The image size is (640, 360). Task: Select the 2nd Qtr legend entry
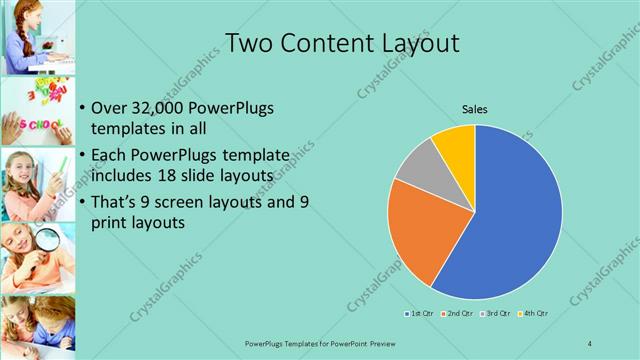click(458, 314)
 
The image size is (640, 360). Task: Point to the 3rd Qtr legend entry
click(497, 314)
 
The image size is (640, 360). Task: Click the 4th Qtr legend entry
click(534, 314)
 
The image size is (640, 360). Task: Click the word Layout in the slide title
click(410, 44)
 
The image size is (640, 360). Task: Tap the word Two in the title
click(250, 43)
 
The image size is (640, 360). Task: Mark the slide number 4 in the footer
click(590, 343)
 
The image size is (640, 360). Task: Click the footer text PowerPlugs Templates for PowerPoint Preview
click(319, 343)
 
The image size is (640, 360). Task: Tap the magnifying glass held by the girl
click(46, 239)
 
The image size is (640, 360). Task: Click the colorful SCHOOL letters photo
click(37, 111)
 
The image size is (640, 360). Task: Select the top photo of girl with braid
click(37, 37)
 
